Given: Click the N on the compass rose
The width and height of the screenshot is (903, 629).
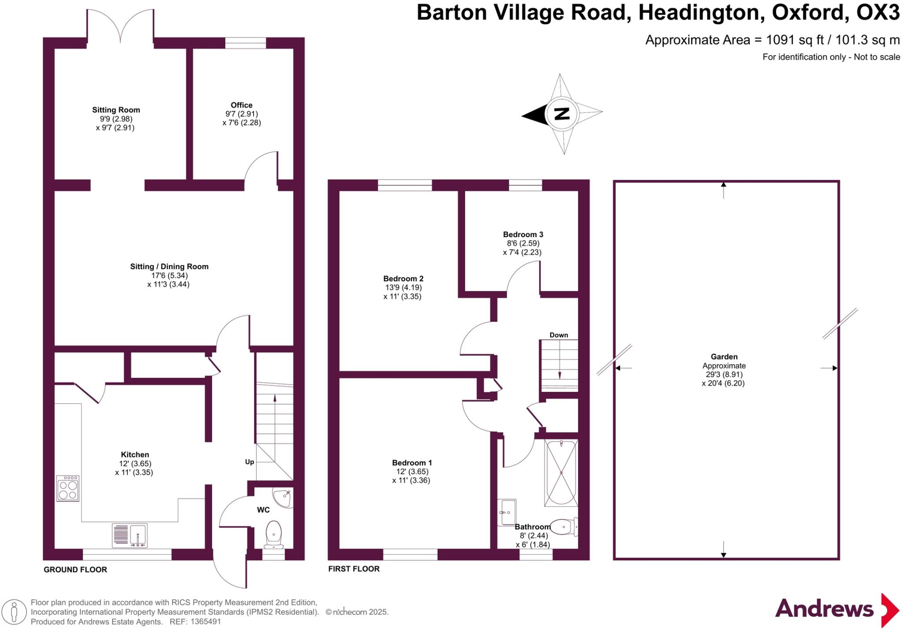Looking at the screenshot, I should [x=561, y=114].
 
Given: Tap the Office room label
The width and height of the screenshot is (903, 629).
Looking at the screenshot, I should [x=241, y=105].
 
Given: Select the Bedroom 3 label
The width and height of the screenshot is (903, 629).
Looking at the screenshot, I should [x=523, y=234].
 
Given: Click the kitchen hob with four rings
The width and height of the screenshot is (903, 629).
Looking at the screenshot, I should [x=68, y=488].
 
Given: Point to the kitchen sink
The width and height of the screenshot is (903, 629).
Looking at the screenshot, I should [x=130, y=535].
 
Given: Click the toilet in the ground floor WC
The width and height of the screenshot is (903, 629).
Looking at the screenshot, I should [x=274, y=534].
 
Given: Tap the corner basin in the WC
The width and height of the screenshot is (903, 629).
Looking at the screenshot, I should [x=283, y=498].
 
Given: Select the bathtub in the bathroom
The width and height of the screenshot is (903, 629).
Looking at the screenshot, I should [x=561, y=473].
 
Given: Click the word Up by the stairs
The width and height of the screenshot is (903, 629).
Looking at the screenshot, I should [x=250, y=462].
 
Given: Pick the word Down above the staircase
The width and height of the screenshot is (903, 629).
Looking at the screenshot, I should [x=559, y=335].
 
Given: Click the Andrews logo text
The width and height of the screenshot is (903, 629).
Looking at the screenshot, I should [x=824, y=609].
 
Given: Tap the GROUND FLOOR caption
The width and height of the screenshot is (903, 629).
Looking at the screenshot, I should [x=75, y=569].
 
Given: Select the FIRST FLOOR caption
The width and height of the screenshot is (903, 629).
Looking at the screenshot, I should [x=354, y=569].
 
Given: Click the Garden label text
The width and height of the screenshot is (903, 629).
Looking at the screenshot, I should [x=724, y=357].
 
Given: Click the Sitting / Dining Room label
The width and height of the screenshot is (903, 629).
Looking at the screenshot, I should [x=169, y=266].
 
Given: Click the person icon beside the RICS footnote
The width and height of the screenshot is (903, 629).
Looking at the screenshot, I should [x=14, y=612].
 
